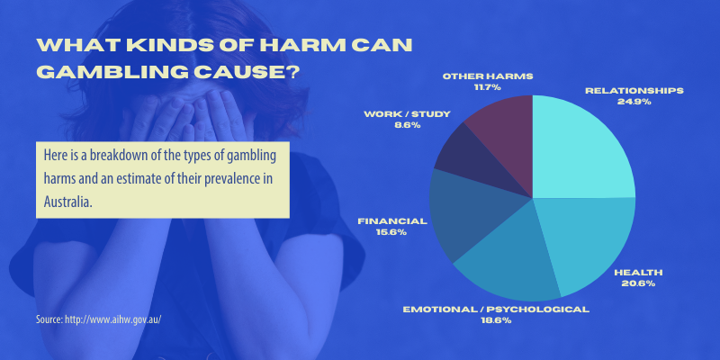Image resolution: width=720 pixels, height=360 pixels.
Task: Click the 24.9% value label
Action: click(x=634, y=102)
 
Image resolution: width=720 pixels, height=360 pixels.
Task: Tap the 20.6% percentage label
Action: click(x=638, y=283)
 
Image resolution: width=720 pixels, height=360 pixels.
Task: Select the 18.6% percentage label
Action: click(x=496, y=320)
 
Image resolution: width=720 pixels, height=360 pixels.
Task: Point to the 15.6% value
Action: click(x=392, y=232)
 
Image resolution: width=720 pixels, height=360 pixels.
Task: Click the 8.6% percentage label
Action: click(x=407, y=125)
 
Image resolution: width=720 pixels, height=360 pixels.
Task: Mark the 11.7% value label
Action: click(x=488, y=87)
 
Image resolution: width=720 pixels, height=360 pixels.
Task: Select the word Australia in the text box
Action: click(x=68, y=202)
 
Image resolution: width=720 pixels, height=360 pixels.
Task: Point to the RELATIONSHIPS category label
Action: click(x=634, y=91)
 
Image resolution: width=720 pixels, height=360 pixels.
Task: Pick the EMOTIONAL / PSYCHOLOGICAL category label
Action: click(x=496, y=310)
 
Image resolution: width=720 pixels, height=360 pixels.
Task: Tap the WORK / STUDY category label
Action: click(x=407, y=114)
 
